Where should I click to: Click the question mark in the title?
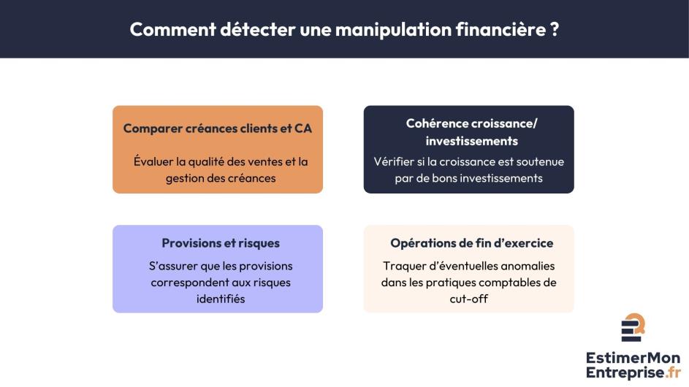(555, 29)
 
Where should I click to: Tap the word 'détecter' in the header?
(257, 29)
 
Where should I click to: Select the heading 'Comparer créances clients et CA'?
(218, 129)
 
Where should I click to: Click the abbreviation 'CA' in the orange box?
(303, 129)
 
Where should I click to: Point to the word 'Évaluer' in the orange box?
(153, 161)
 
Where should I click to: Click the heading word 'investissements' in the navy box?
(471, 141)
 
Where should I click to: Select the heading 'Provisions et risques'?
(221, 243)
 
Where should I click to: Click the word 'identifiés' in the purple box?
(221, 299)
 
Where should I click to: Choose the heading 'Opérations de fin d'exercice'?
(471, 243)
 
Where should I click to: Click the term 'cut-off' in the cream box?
(469, 299)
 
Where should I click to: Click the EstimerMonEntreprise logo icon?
(633, 327)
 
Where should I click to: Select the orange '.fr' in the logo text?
(673, 372)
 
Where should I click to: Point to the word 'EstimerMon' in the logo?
(633, 358)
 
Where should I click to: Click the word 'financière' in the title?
(500, 29)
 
